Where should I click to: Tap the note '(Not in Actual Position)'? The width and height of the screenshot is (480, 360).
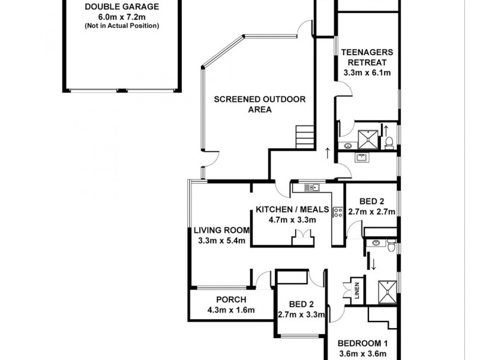click(x=121, y=26)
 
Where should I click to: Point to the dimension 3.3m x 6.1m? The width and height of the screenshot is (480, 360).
click(x=367, y=73)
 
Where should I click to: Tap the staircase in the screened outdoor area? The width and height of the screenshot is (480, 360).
click(x=305, y=137)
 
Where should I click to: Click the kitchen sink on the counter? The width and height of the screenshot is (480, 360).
click(x=311, y=188)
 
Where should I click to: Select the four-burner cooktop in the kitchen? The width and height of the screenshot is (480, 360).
click(x=337, y=211)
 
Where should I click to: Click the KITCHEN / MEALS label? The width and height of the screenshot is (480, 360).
click(x=292, y=209)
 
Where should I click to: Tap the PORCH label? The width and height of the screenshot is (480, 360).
click(x=231, y=300)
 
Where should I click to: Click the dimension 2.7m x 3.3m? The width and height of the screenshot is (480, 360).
click(x=301, y=314)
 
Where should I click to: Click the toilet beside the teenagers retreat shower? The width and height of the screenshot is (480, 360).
click(x=389, y=142)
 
